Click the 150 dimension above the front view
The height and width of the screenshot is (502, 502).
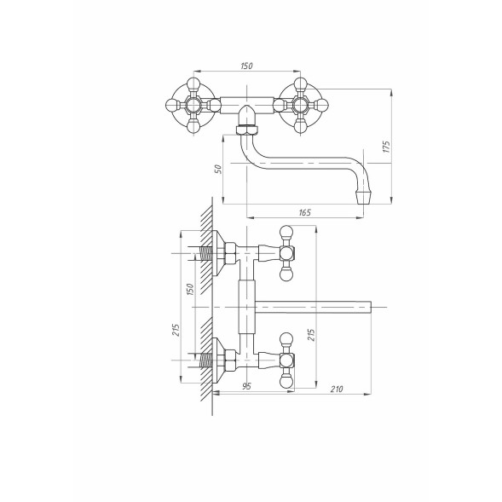click(246, 66)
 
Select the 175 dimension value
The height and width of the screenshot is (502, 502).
click(387, 147)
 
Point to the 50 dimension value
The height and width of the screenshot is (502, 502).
click(217, 169)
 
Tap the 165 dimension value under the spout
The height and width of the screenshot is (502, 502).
click(304, 212)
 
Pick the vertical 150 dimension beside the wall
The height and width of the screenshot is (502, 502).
click(190, 289)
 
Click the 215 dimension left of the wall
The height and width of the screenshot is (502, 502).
click(176, 330)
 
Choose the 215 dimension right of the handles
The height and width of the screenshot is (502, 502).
click(311, 334)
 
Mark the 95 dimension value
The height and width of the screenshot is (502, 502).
click(246, 386)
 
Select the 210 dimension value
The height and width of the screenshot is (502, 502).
click(337, 389)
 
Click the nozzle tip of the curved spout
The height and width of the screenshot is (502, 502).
click(363, 198)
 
